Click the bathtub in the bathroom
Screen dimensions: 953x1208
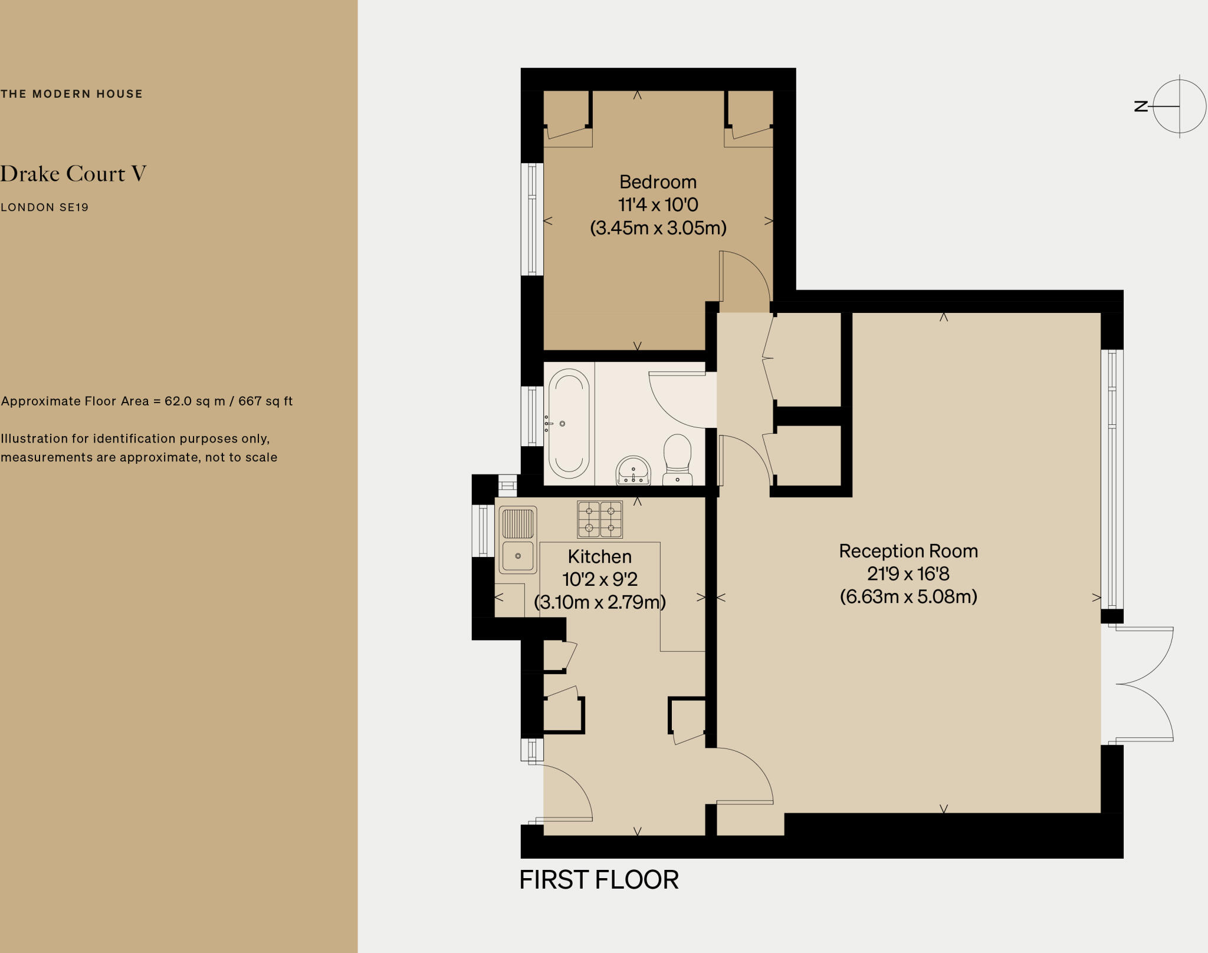tap(569, 423)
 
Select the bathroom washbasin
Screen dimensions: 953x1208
tap(633, 471)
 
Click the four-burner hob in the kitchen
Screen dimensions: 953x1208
tap(600, 519)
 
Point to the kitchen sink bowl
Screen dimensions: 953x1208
tap(518, 555)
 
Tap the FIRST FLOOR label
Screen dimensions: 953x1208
tap(599, 880)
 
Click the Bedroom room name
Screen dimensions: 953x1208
tap(658, 182)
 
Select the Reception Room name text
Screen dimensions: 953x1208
tap(908, 551)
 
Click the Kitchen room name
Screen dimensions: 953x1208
tap(599, 556)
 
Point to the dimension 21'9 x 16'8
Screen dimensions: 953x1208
tap(908, 573)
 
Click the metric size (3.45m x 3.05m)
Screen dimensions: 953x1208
tap(658, 227)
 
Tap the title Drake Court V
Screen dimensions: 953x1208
tap(73, 173)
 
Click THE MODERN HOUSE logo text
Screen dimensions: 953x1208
tap(71, 94)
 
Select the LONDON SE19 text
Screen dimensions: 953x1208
tap(44, 207)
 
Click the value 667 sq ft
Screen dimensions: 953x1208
tap(265, 401)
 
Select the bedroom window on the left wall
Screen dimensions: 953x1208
tap(532, 219)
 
